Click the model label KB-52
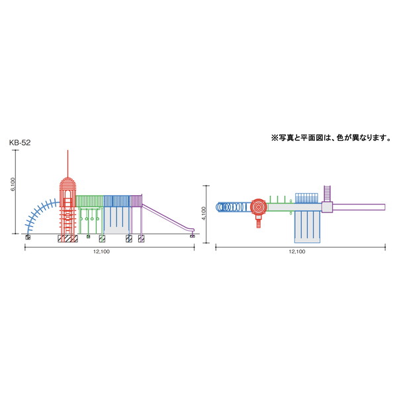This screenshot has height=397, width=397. point(20,143)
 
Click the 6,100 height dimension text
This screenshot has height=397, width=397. point(13,185)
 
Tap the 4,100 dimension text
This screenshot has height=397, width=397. point(204,214)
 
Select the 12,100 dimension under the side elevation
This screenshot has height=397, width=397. point(101,251)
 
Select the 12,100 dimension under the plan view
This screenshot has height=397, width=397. point(297,251)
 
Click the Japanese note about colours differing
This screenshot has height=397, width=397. point(331,138)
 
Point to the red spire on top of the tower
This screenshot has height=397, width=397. point(67,164)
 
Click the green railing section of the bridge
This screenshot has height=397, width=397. point(89,200)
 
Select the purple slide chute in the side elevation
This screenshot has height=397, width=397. point(167,218)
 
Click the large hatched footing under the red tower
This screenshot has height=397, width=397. point(67,238)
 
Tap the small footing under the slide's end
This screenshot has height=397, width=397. point(193,236)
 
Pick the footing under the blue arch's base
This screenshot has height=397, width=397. point(28,238)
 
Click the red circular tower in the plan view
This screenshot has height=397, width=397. point(259,207)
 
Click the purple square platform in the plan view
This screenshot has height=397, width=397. point(327,207)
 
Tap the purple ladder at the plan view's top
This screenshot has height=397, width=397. point(328,194)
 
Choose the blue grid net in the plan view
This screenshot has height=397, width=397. point(306,198)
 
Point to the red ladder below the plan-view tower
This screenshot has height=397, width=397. point(258,222)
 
